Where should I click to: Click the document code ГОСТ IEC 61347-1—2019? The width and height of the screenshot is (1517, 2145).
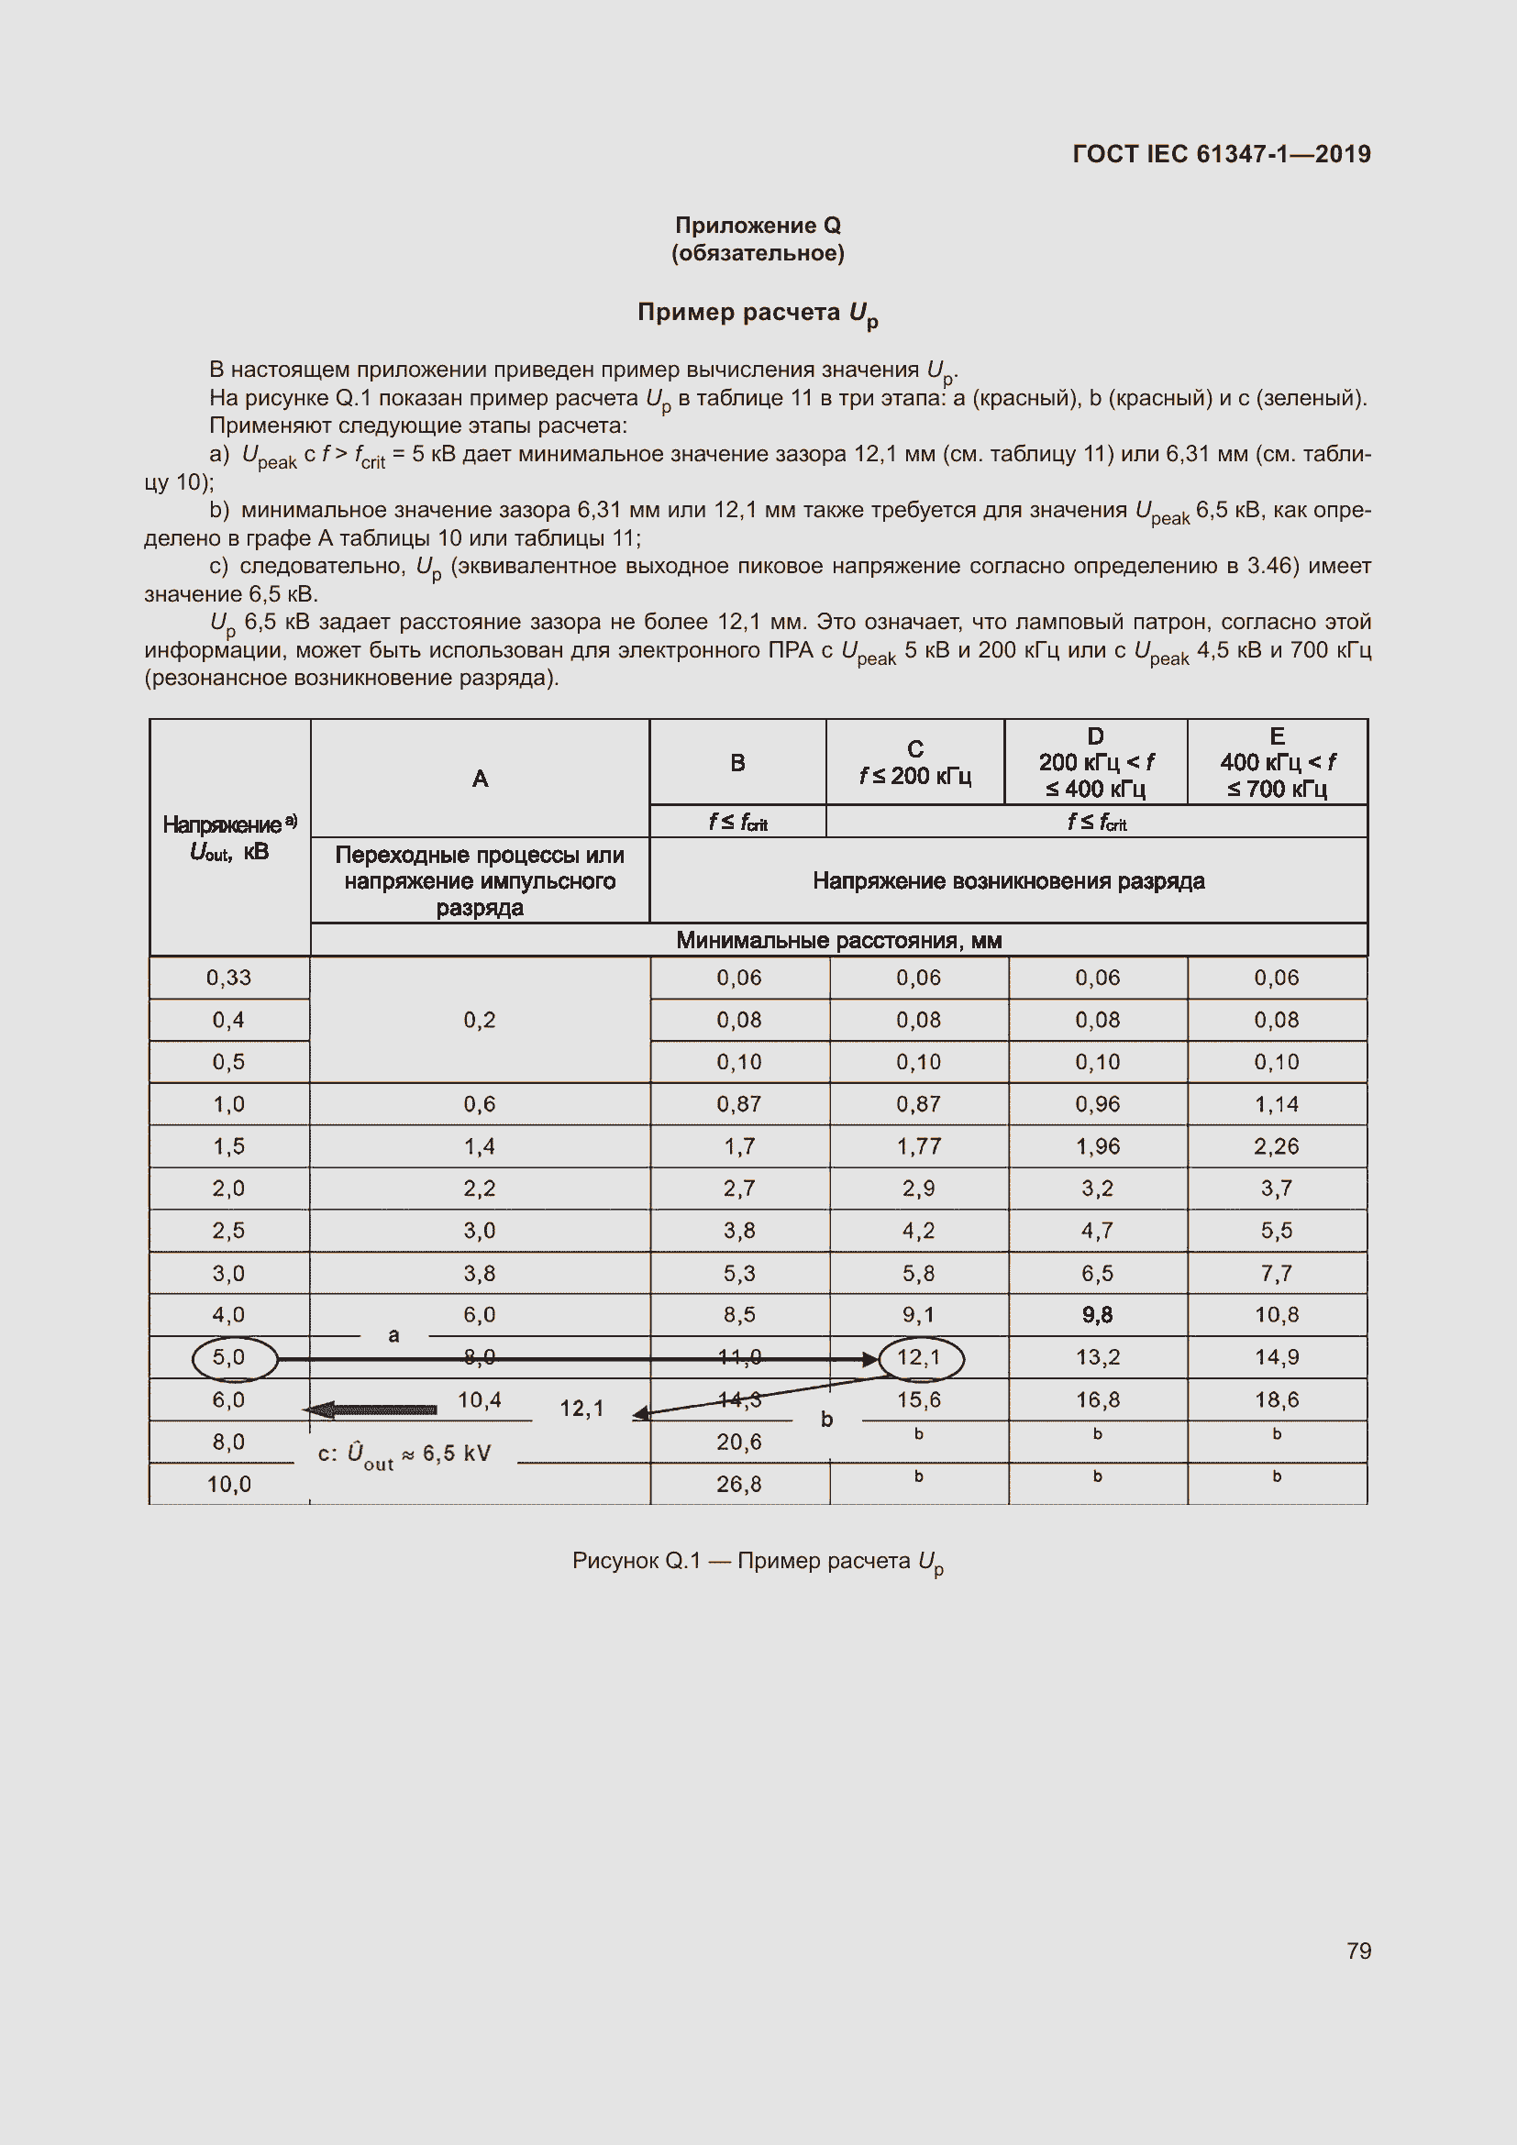1221,154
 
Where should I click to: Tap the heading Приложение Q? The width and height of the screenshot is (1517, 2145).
758,226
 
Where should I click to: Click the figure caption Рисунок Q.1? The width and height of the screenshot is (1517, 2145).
758,1561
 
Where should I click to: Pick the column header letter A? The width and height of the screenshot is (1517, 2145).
479,779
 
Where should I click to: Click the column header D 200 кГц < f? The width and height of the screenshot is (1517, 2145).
1096,762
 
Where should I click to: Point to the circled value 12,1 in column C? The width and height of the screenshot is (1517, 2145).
919,1357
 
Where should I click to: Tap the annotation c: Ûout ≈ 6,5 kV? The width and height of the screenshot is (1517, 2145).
404,1454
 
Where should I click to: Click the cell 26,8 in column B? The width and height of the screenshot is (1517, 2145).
739,1484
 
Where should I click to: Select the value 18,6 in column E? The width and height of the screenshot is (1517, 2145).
1276,1399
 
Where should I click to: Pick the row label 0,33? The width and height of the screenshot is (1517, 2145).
229,978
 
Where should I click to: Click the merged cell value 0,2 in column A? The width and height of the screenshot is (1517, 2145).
479,1019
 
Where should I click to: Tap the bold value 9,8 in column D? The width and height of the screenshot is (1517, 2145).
1097,1314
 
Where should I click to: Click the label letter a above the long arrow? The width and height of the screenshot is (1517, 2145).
393,1335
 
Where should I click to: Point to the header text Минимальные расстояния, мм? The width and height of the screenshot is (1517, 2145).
838,940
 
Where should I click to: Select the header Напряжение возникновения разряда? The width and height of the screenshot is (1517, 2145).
1008,880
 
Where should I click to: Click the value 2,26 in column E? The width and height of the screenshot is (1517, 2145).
1276,1146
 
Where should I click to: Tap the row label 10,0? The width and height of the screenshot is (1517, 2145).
229,1484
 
